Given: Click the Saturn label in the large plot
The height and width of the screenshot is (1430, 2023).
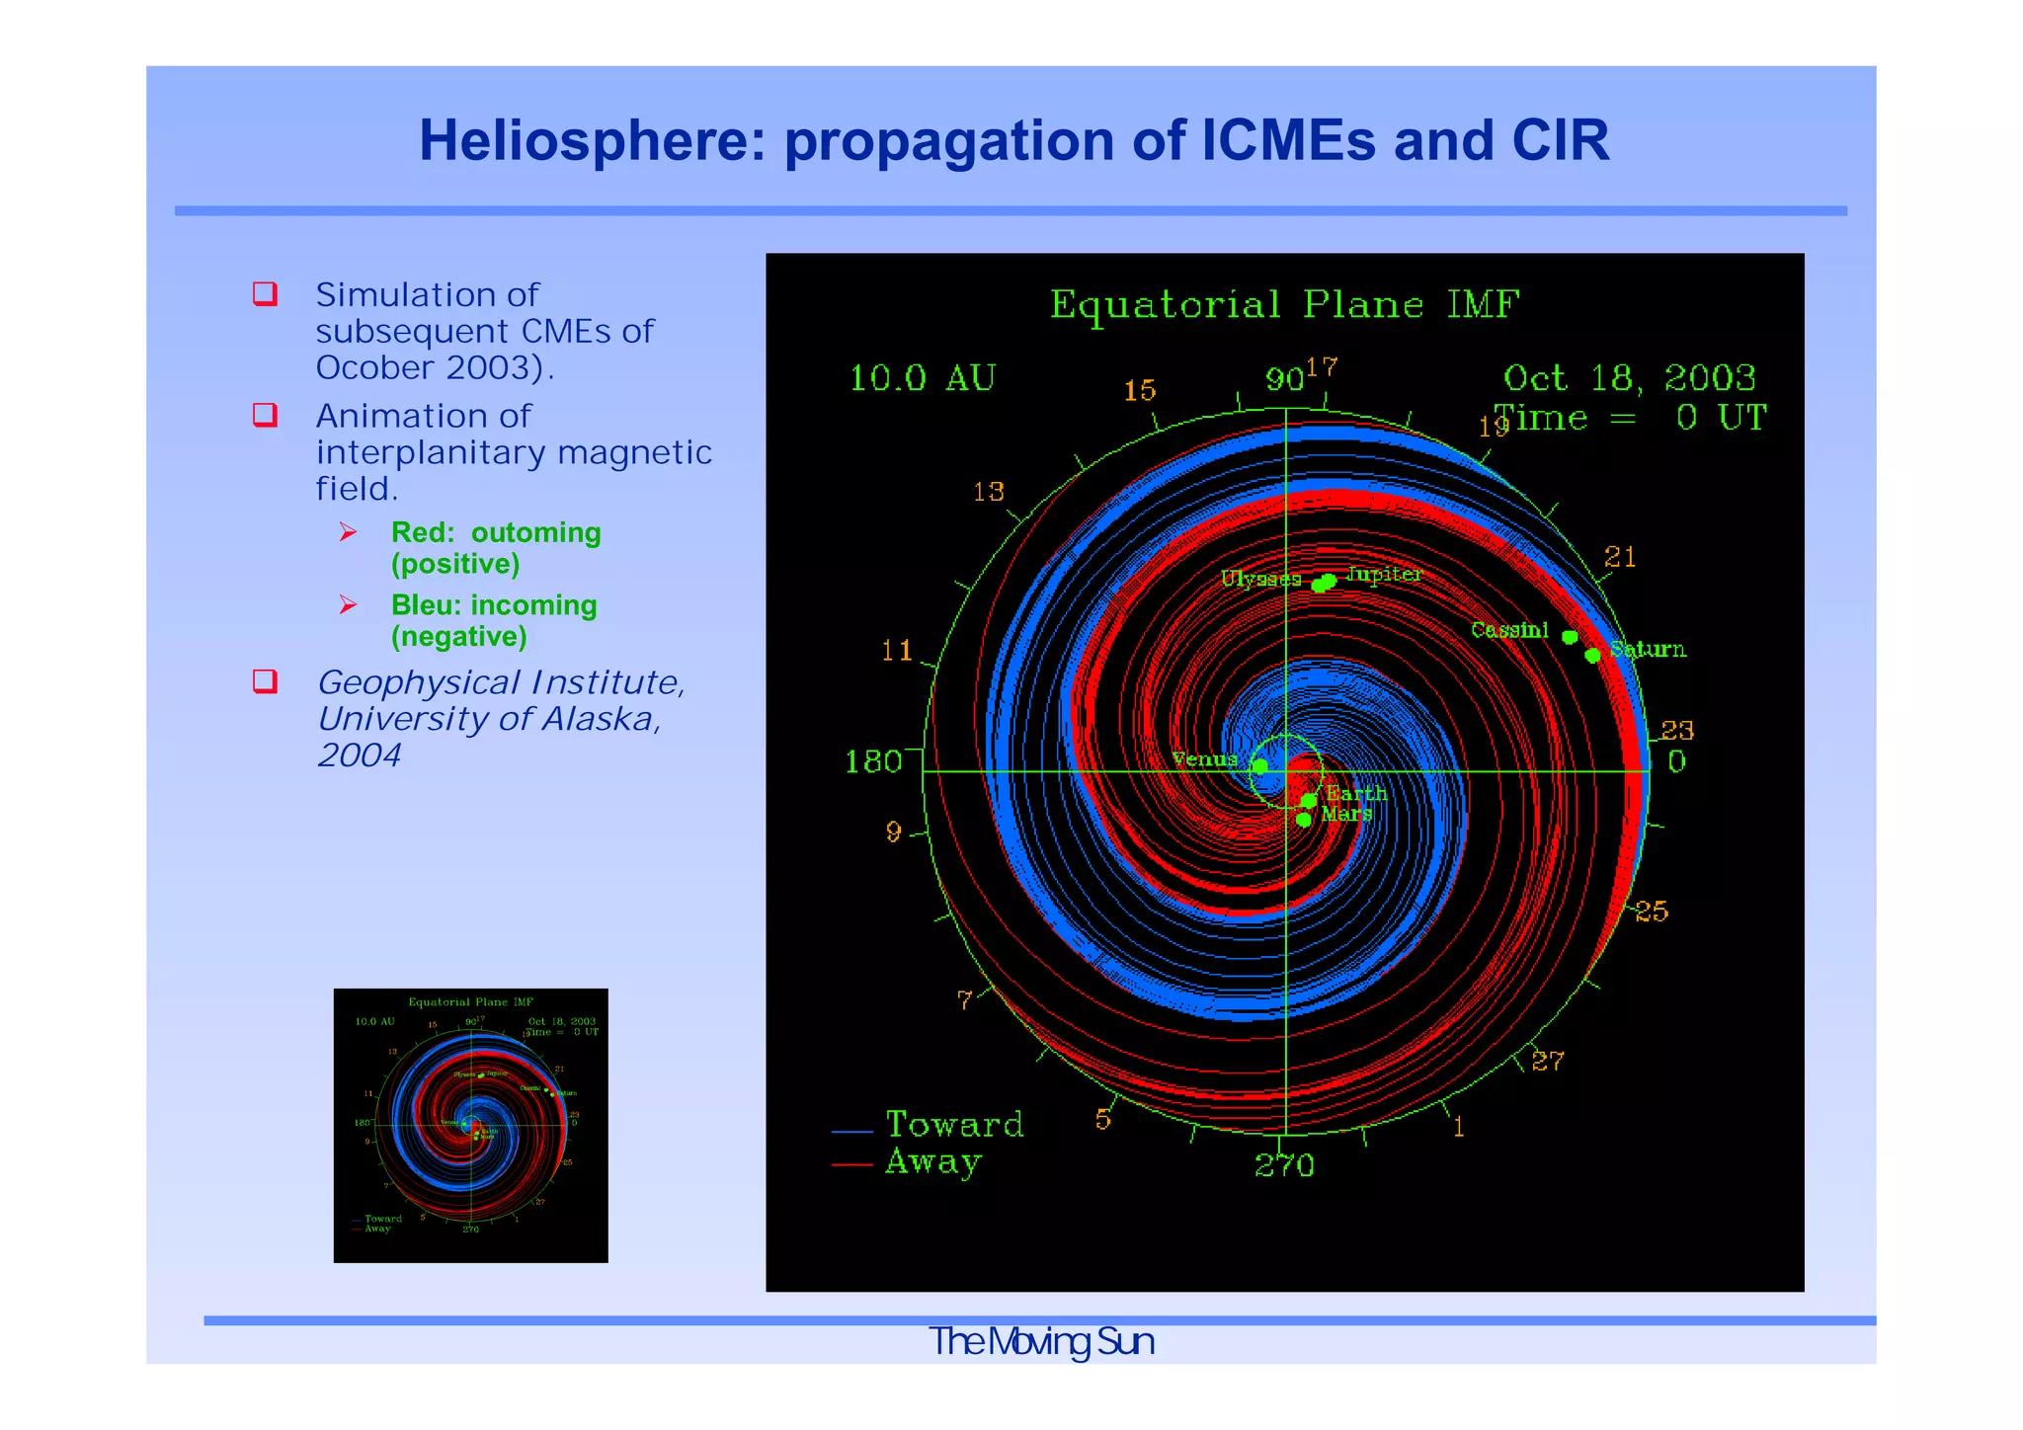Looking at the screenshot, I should [1648, 649].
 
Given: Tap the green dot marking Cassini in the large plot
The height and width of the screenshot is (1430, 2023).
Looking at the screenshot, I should [1570, 637].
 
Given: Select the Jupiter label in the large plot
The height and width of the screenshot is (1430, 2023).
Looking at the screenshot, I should [1384, 574].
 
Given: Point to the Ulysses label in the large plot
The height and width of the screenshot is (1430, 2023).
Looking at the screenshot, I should [1260, 579].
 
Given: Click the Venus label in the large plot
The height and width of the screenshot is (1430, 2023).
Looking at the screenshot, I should [1204, 759].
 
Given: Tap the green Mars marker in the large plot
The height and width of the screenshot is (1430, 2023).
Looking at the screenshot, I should [1304, 820].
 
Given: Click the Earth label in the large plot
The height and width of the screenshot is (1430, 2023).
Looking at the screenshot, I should [1356, 794].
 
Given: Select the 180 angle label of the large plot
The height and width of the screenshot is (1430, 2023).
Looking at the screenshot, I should [873, 761].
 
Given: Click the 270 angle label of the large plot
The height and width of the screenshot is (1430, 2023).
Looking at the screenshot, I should [1284, 1166].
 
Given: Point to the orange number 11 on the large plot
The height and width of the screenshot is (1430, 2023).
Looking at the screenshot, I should [897, 650].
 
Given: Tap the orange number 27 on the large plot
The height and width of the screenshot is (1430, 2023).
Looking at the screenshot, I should [1548, 1061].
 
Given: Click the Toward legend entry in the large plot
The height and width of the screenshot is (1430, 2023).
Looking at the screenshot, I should [953, 1125].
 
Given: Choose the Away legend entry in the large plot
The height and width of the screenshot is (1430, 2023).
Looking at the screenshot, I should [932, 1162].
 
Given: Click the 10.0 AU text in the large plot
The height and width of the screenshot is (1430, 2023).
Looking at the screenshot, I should [923, 378].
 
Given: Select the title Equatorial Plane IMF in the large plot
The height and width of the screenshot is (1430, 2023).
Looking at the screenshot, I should [1284, 304].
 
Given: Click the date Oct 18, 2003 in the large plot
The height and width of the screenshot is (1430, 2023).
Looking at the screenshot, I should [1629, 378].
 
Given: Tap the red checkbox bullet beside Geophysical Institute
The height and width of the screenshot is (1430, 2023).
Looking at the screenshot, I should [265, 680].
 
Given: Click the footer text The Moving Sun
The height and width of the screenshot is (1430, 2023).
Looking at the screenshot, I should [1041, 1341].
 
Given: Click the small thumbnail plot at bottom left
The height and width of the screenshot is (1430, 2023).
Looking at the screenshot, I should [470, 1125].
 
